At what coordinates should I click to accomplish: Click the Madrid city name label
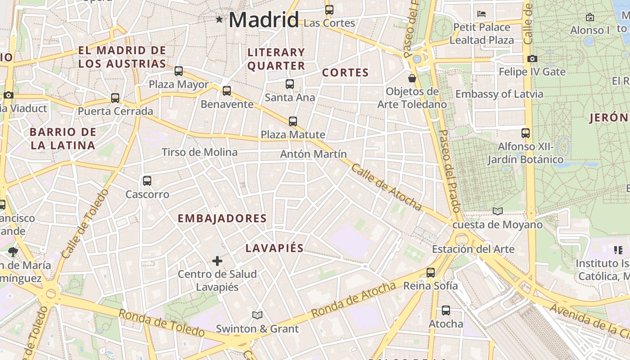[x=264, y=20]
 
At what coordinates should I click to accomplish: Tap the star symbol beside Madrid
[x=219, y=19]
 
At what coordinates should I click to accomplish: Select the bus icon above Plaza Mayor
[x=179, y=71]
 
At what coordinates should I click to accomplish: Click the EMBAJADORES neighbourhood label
[x=222, y=219]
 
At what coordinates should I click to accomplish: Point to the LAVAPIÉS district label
[x=274, y=248]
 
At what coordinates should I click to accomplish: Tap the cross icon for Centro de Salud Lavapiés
[x=217, y=261]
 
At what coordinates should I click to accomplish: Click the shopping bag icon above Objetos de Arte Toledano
[x=412, y=78]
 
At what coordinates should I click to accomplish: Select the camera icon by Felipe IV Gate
[x=532, y=59]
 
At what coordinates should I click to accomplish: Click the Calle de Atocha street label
[x=386, y=187]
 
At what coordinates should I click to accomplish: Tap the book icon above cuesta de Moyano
[x=497, y=211]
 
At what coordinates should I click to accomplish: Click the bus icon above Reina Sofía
[x=431, y=273]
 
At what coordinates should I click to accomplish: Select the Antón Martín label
[x=314, y=154]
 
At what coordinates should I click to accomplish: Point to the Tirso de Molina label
[x=199, y=152]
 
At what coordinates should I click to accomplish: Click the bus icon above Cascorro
[x=147, y=181]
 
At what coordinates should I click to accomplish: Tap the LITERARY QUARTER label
[x=276, y=59]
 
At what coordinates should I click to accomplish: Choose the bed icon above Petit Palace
[x=481, y=13]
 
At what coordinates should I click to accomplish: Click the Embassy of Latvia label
[x=499, y=94]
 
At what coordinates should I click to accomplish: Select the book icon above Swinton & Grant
[x=257, y=315]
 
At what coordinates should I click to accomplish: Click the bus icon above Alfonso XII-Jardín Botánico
[x=525, y=133]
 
